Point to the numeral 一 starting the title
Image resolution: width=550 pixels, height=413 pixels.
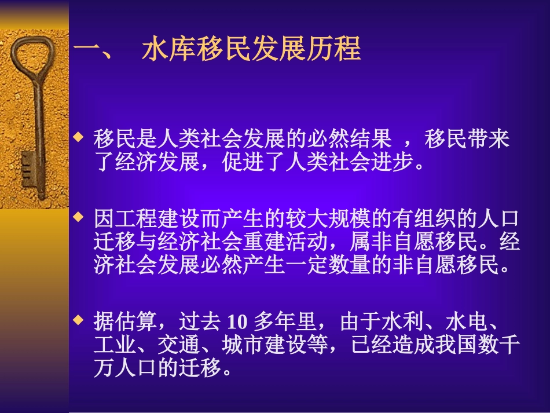pos(87,50)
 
